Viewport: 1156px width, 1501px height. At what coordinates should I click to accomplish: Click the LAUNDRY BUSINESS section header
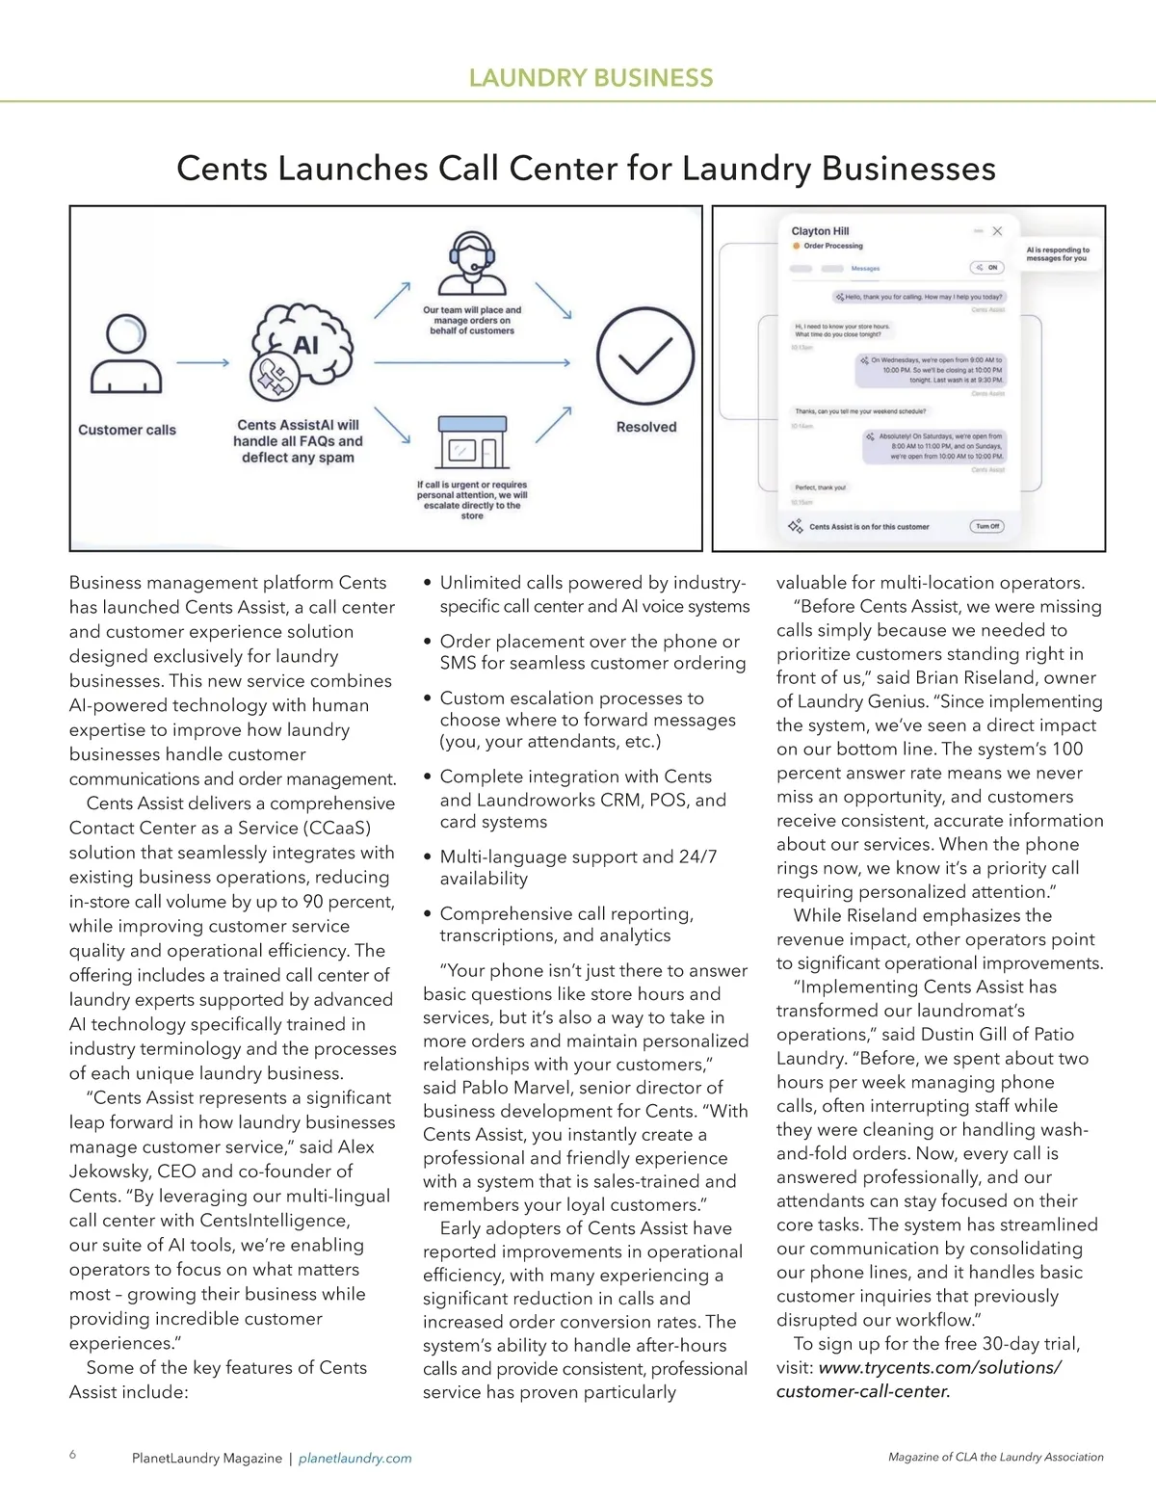click(x=591, y=78)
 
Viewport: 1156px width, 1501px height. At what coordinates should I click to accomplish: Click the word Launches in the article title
click(x=353, y=169)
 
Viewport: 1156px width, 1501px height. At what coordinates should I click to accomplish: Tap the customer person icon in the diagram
click(x=126, y=354)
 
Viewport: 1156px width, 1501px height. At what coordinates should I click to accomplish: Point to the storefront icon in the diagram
click(x=471, y=442)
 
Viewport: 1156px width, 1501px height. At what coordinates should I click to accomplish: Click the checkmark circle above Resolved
click(x=644, y=357)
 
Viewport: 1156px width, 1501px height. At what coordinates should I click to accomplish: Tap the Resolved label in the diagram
click(x=646, y=427)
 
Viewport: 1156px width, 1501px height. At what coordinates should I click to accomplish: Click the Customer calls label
click(x=127, y=430)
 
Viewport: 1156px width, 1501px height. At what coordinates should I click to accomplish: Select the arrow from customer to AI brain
click(x=202, y=363)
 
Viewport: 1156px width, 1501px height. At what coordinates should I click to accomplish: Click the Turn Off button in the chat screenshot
click(x=987, y=526)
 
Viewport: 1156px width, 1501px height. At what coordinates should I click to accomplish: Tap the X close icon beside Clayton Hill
click(x=997, y=231)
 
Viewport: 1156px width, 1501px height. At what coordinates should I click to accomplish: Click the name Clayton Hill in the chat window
click(x=820, y=231)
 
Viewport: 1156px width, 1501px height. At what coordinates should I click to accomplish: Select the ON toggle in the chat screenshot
click(x=987, y=267)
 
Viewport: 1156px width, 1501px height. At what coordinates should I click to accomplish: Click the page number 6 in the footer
click(x=73, y=1455)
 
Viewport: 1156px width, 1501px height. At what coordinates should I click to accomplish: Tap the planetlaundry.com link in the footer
click(x=355, y=1459)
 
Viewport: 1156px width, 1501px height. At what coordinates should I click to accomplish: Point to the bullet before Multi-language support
click(x=428, y=856)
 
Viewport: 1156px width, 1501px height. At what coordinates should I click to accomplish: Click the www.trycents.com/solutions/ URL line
click(x=939, y=1367)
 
